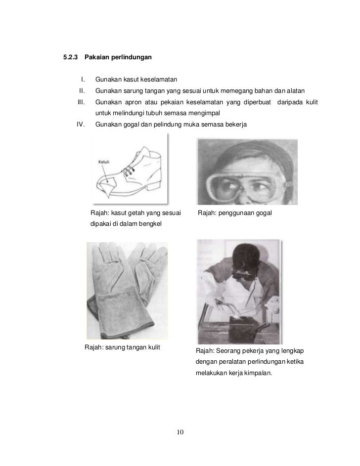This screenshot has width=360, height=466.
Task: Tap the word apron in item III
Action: [x=129, y=102]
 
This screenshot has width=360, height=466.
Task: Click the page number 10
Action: [x=180, y=433]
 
